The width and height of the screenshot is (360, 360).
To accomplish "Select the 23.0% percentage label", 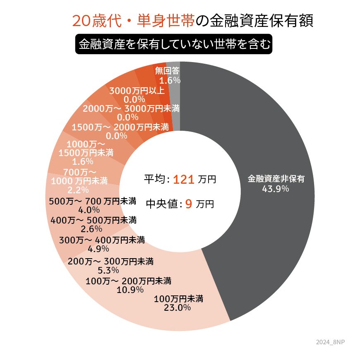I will (x=178, y=307).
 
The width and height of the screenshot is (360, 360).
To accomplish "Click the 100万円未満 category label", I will (x=178, y=298).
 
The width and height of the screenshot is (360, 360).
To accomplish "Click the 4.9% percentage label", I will (x=98, y=249).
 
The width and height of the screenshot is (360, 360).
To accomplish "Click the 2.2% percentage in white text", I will (x=78, y=190).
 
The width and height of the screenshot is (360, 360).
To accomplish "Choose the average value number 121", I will (x=184, y=180).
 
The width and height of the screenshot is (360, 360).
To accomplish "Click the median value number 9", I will (x=188, y=204).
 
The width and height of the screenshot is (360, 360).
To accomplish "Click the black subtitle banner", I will (x=174, y=43).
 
